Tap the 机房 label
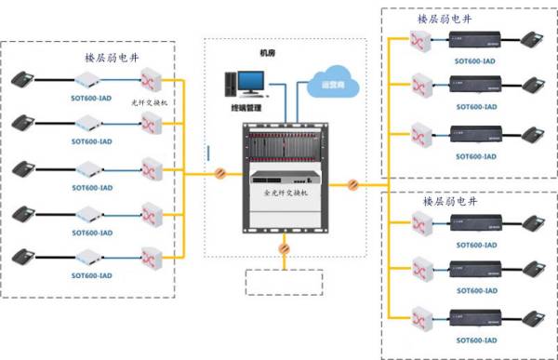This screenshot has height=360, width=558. pyautogui.click(x=268, y=53)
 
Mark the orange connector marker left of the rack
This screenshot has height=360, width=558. pyautogui.click(x=220, y=173)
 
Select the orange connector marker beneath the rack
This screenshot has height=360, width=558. pyautogui.click(x=284, y=248)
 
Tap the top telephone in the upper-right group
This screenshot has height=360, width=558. pyautogui.click(x=533, y=40)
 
